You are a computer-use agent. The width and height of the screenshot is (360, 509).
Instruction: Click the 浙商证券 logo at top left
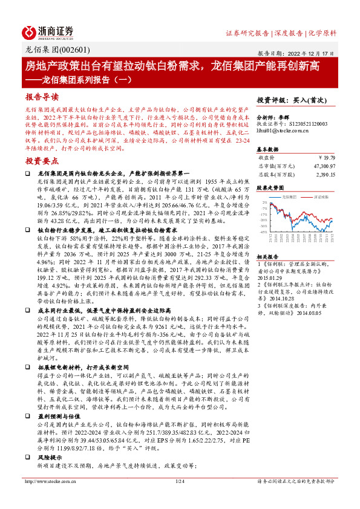[48, 31]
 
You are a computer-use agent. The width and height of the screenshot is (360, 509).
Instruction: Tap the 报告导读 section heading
[42, 96]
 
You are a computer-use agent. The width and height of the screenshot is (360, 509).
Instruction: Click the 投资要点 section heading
[42, 161]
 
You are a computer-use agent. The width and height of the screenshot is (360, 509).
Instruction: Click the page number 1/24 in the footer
[180, 498]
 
